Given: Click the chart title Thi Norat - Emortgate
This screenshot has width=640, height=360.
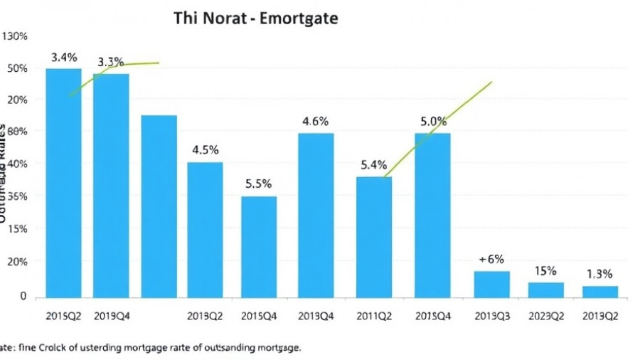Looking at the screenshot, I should click(255, 18).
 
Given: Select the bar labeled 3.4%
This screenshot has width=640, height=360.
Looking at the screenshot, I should click(63, 182).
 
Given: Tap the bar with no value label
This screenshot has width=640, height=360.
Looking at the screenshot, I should click(159, 206).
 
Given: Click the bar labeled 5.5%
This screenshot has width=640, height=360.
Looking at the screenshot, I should click(259, 246).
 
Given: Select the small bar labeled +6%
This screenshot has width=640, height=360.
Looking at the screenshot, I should click(491, 284).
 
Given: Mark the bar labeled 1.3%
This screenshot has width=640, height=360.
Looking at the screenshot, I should click(599, 291).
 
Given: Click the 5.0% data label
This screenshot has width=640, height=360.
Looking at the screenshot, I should click(433, 122).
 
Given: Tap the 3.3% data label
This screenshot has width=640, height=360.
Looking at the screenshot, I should click(110, 62).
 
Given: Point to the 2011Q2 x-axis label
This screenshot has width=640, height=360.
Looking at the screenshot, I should click(373, 316).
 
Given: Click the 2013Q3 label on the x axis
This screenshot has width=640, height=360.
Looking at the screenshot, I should click(491, 316).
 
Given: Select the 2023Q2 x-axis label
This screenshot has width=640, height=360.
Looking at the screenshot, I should click(545, 316).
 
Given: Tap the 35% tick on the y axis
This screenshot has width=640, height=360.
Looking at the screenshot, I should click(15, 196).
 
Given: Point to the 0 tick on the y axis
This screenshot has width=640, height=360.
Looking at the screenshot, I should click(23, 296).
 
